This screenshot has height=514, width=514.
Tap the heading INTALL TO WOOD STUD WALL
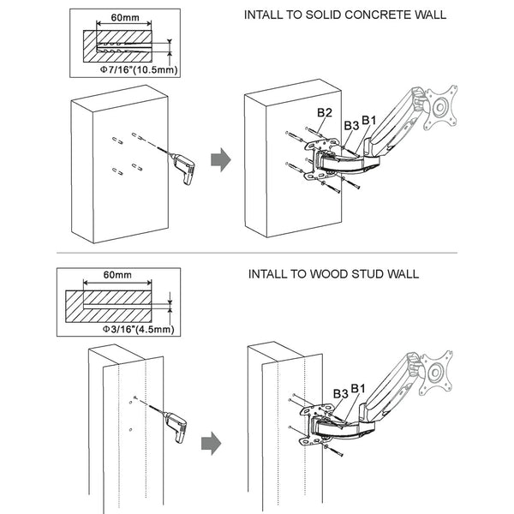coord(333,274)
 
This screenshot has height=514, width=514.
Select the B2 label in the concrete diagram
coord(325,113)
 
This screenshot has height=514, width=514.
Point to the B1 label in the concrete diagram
coord(369,118)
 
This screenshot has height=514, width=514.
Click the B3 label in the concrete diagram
coord(350,125)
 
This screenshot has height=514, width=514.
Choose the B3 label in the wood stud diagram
coord(339,392)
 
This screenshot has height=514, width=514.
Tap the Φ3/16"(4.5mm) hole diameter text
coord(138,328)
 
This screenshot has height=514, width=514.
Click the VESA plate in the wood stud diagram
coord(437,370)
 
